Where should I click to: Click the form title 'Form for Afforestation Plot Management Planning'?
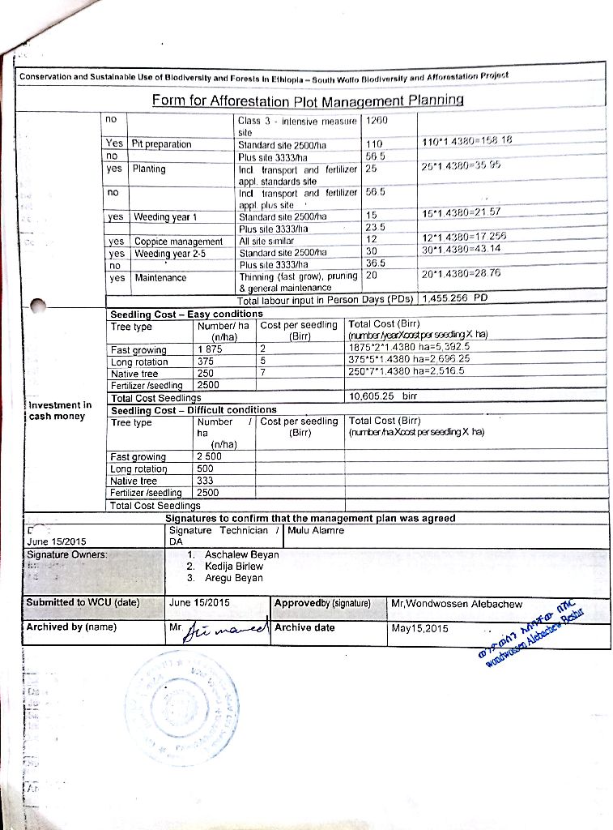307,101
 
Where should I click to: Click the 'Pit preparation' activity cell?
162,143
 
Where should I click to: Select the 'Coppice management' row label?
178,242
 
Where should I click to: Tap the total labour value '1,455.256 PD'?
456,298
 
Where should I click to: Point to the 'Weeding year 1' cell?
171,216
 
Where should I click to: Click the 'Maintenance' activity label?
160,277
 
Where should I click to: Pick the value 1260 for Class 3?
377,120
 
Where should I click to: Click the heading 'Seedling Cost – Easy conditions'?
186,314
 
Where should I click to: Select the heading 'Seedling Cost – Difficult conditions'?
194,410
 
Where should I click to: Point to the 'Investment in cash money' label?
59,410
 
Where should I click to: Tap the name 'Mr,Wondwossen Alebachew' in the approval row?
457,603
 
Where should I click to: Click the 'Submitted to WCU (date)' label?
83,602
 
